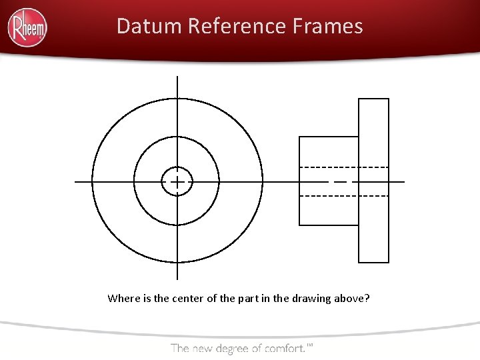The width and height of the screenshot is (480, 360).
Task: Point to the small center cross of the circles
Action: [177, 181]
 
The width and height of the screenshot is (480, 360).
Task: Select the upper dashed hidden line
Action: [344, 166]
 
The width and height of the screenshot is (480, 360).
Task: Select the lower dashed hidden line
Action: [344, 196]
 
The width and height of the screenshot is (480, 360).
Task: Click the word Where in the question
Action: [123, 298]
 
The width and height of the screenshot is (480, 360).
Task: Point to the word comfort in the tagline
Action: [284, 347]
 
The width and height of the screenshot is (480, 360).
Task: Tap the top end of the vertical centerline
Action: [177, 77]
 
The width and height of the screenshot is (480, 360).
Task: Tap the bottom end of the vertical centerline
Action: [177, 278]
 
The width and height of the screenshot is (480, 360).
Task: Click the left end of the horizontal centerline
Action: [76, 181]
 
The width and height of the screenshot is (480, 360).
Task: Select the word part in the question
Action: [244, 298]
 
